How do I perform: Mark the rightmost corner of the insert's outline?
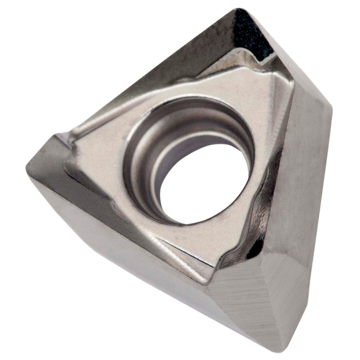point(330,109)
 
